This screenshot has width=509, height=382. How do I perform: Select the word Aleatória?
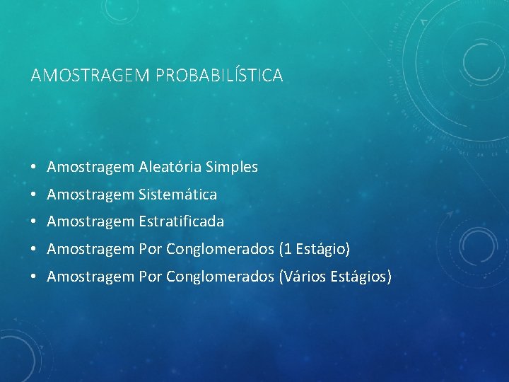point(170,167)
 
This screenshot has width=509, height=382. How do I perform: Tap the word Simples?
point(232,167)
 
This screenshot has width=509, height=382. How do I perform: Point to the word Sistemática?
point(178,194)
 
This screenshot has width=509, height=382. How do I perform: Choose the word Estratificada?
point(182,221)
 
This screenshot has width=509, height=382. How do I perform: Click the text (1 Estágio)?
point(315,249)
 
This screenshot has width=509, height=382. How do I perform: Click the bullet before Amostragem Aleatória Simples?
point(34,168)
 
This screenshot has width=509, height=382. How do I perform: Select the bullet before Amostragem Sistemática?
point(34,195)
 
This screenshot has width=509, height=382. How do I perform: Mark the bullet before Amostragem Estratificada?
point(34,222)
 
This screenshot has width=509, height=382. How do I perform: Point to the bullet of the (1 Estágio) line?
point(34,250)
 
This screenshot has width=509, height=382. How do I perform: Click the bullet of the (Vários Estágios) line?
point(34,277)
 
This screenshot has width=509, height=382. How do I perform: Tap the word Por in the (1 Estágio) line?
point(151,249)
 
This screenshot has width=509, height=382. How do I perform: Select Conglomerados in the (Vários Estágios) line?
point(221,276)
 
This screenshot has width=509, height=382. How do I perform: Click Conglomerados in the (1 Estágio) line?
point(221,249)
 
